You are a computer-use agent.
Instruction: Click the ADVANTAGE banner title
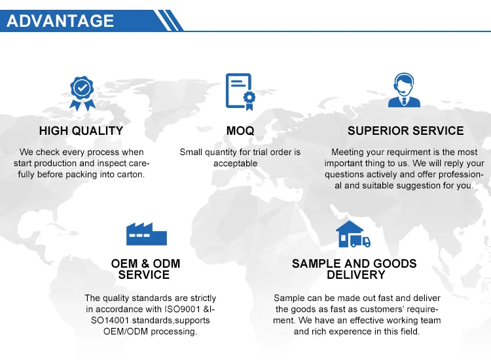(60, 21)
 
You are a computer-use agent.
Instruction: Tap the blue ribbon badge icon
(82, 94)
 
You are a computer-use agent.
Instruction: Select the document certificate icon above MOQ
(240, 92)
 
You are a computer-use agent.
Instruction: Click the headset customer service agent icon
(404, 90)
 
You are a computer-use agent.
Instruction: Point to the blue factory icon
(147, 234)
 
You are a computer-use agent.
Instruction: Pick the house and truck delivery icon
(353, 234)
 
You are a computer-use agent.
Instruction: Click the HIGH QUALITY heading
(81, 131)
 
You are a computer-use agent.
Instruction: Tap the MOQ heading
(240, 131)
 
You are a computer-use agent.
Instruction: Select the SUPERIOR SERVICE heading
(405, 131)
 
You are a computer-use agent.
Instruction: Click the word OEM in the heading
(124, 264)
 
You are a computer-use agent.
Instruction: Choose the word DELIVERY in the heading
(356, 275)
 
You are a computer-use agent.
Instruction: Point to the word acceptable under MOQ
(236, 164)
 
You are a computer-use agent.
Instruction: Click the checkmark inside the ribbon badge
(82, 87)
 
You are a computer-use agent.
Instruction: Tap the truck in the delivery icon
(360, 241)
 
